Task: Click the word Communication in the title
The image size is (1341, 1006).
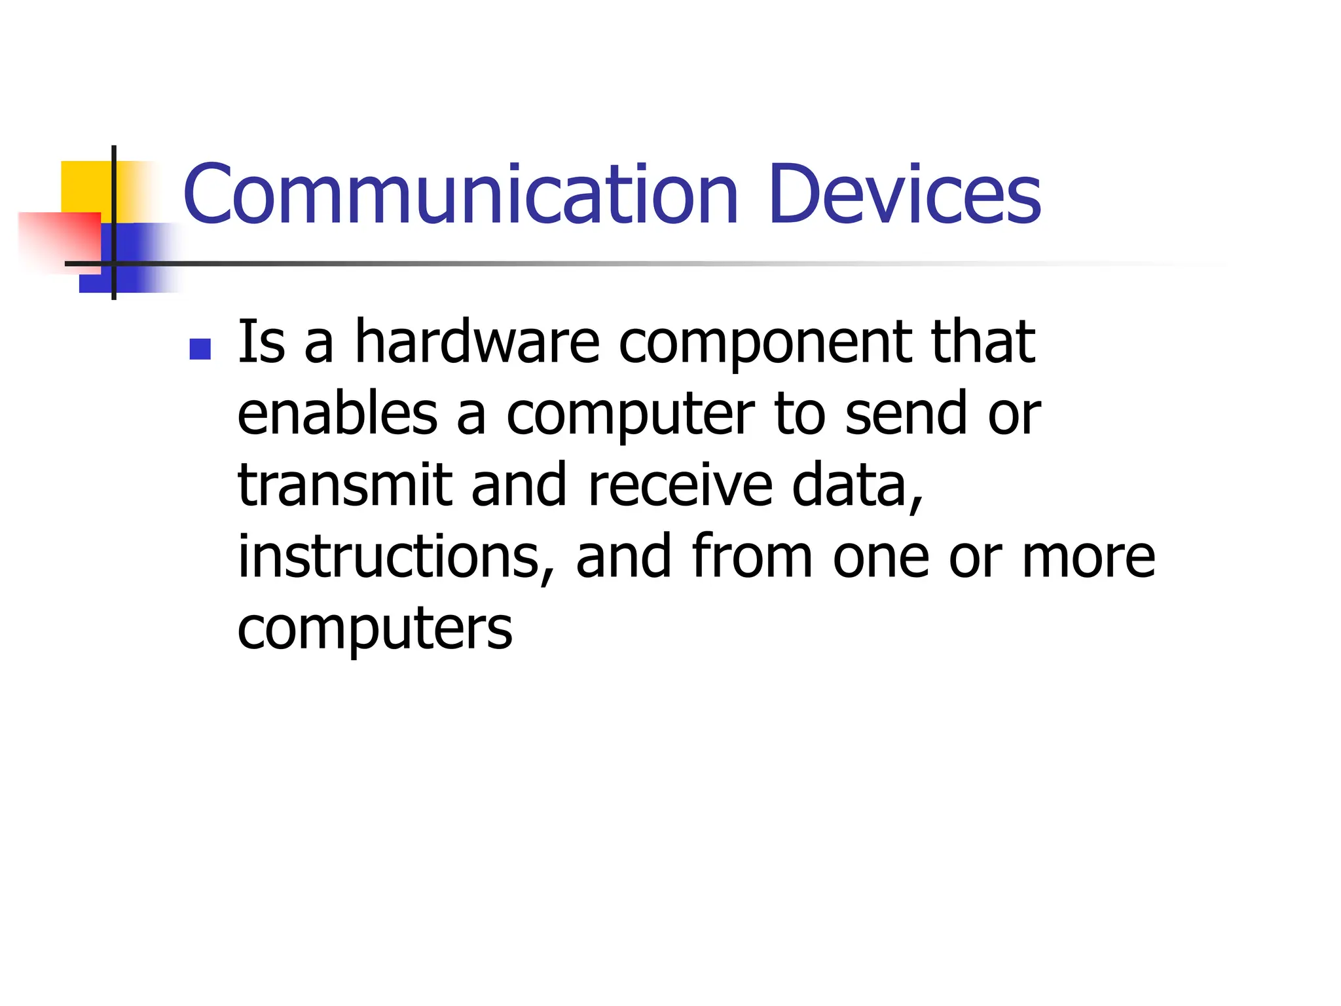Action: click(x=460, y=194)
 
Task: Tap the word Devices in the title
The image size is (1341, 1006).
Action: click(x=904, y=194)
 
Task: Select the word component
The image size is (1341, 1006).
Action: click(x=765, y=345)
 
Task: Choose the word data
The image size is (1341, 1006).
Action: click(x=856, y=486)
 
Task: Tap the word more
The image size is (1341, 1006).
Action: click(x=1088, y=558)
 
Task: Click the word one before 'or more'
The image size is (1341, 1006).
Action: click(x=881, y=558)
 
